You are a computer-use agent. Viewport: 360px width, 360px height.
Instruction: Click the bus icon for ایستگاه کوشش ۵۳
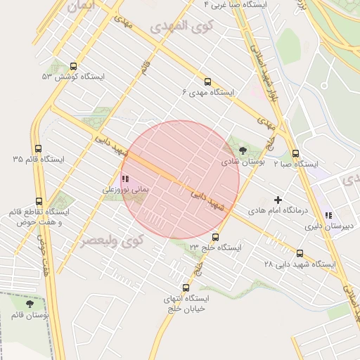point(74,66)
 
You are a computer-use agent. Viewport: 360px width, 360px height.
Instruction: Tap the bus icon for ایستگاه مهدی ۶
point(207,82)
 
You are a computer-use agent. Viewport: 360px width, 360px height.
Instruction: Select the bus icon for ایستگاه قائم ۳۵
point(37,149)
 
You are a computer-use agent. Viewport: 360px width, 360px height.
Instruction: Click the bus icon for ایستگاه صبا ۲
point(295,153)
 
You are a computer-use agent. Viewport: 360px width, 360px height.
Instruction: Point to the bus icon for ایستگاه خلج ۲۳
point(215,237)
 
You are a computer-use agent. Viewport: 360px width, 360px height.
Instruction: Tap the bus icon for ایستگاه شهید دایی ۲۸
point(300,253)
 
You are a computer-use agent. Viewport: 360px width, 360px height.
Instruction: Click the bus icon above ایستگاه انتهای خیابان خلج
point(186,287)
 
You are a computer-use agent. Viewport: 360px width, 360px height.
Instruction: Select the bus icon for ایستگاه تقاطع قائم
point(39,201)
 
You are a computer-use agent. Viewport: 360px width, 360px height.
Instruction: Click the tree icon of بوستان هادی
point(243,150)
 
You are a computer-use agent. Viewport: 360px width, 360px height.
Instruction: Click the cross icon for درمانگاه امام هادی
point(278,200)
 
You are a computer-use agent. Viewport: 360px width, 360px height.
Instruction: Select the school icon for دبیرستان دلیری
point(328,216)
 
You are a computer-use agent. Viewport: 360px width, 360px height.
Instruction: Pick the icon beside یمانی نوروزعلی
point(125,179)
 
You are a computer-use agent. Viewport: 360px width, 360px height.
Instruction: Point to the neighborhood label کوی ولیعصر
point(112,240)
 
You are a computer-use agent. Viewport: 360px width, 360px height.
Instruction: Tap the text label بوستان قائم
point(29,316)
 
